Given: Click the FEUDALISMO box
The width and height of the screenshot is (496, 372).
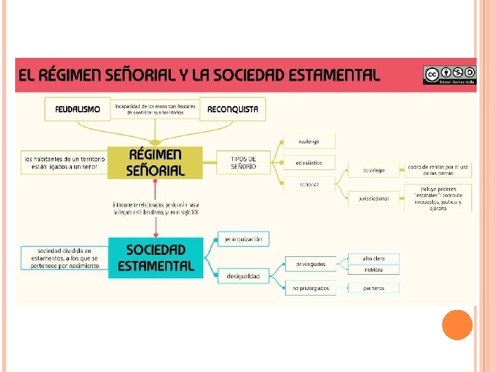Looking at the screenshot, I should (x=78, y=109).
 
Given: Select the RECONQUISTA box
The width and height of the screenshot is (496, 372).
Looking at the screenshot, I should (x=233, y=109).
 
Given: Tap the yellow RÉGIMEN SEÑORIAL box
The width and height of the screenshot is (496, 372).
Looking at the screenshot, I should (x=155, y=162).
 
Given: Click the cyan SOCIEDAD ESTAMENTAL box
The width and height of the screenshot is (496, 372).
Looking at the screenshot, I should (x=156, y=257).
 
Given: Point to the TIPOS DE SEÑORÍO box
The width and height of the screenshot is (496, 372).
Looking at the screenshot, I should (x=243, y=163).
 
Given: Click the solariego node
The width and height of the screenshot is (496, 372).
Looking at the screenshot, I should (x=373, y=169).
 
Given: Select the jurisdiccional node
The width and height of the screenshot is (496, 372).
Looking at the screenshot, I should (x=373, y=198).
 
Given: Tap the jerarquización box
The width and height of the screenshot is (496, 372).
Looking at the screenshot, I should (x=244, y=239).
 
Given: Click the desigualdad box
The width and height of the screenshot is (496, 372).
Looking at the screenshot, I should (x=244, y=276).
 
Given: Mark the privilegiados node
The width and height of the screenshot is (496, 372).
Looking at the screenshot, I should (x=311, y=263).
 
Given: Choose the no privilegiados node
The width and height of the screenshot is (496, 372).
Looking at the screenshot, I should (x=311, y=288).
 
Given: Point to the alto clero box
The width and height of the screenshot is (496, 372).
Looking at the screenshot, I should (x=373, y=258).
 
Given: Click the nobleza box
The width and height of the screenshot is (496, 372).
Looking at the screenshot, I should (x=373, y=269).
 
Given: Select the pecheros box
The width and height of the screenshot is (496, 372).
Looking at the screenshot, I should (x=373, y=288).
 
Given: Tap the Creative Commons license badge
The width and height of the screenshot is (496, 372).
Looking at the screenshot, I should (x=449, y=74).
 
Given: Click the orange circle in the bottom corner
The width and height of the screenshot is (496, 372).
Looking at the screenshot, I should (x=457, y=324).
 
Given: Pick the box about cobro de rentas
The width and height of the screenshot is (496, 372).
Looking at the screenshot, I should (x=438, y=169).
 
